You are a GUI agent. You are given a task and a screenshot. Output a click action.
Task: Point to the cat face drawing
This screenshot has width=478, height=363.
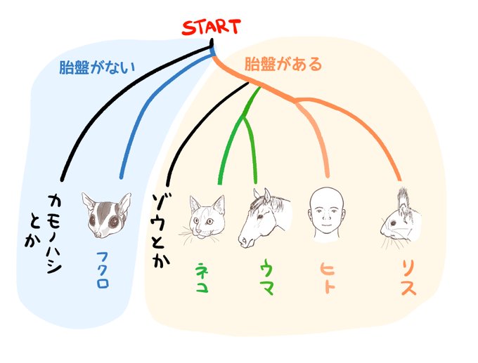(x=207, y=218)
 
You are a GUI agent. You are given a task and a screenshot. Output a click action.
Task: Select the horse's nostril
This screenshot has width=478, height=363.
(x=243, y=239)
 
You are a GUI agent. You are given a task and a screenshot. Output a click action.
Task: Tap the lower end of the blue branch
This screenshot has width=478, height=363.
(x=121, y=176)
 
